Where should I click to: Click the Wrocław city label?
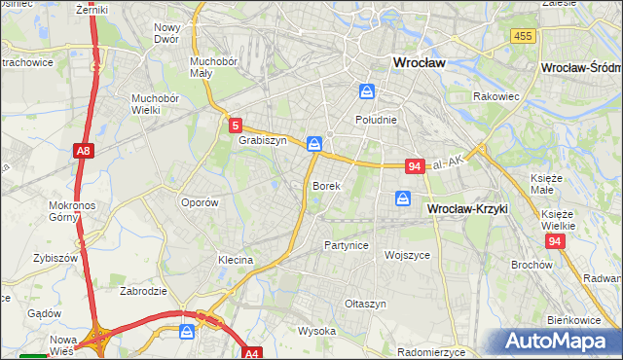click(x=418, y=61)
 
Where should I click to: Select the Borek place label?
click(x=325, y=185)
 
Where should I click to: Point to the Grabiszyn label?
click(x=262, y=140)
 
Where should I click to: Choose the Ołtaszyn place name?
click(x=365, y=304)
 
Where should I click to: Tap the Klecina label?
click(x=236, y=260)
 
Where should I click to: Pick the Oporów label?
click(x=199, y=202)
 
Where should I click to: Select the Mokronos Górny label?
click(x=71, y=212)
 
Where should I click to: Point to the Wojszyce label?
click(x=407, y=254)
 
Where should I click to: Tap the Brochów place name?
click(x=531, y=265)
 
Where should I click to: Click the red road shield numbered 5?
click(x=237, y=125)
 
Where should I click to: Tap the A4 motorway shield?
click(x=252, y=354)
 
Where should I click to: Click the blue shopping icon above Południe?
click(x=367, y=91)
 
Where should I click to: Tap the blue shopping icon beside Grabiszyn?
click(x=314, y=144)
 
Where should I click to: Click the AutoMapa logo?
click(x=560, y=342)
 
